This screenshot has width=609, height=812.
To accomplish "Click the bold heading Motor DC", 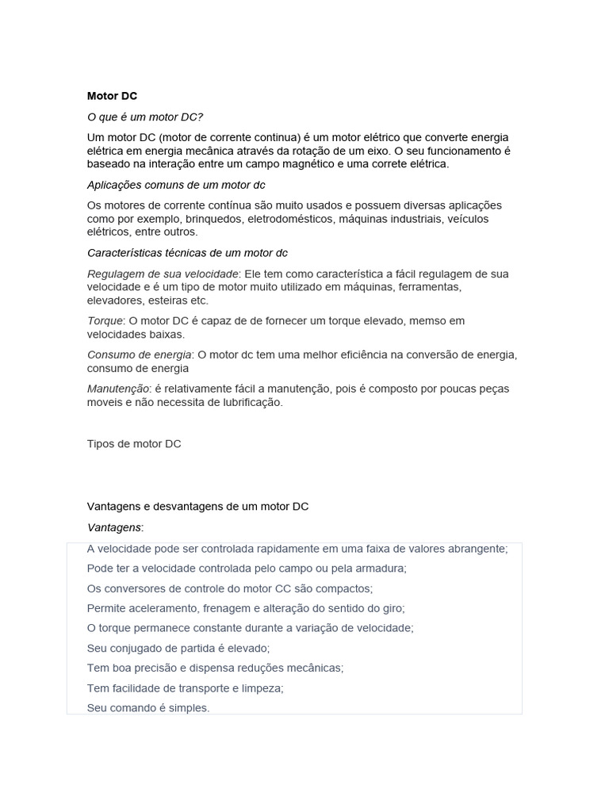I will point(112,96).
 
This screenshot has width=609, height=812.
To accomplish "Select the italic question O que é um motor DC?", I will point(145,117).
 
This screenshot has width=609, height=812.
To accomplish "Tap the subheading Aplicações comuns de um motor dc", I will point(176,185).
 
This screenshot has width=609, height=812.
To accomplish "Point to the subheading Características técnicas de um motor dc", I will point(187,253).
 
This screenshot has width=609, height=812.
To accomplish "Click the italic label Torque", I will point(105,321).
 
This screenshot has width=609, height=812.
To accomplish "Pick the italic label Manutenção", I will point(118,389).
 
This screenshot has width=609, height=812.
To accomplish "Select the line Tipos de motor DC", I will point(134,444).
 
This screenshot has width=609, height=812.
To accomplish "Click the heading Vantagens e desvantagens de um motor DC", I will point(197,506).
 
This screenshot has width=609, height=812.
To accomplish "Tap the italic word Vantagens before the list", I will point(114,527).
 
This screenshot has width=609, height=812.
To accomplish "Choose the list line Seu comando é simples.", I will point(148,707).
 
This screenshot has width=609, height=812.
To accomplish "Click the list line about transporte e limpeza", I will point(185,688).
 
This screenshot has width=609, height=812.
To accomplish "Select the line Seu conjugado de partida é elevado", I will point(178,648).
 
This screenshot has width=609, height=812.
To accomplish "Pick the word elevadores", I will point(114,301).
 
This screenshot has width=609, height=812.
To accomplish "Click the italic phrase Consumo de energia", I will point(139,355).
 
